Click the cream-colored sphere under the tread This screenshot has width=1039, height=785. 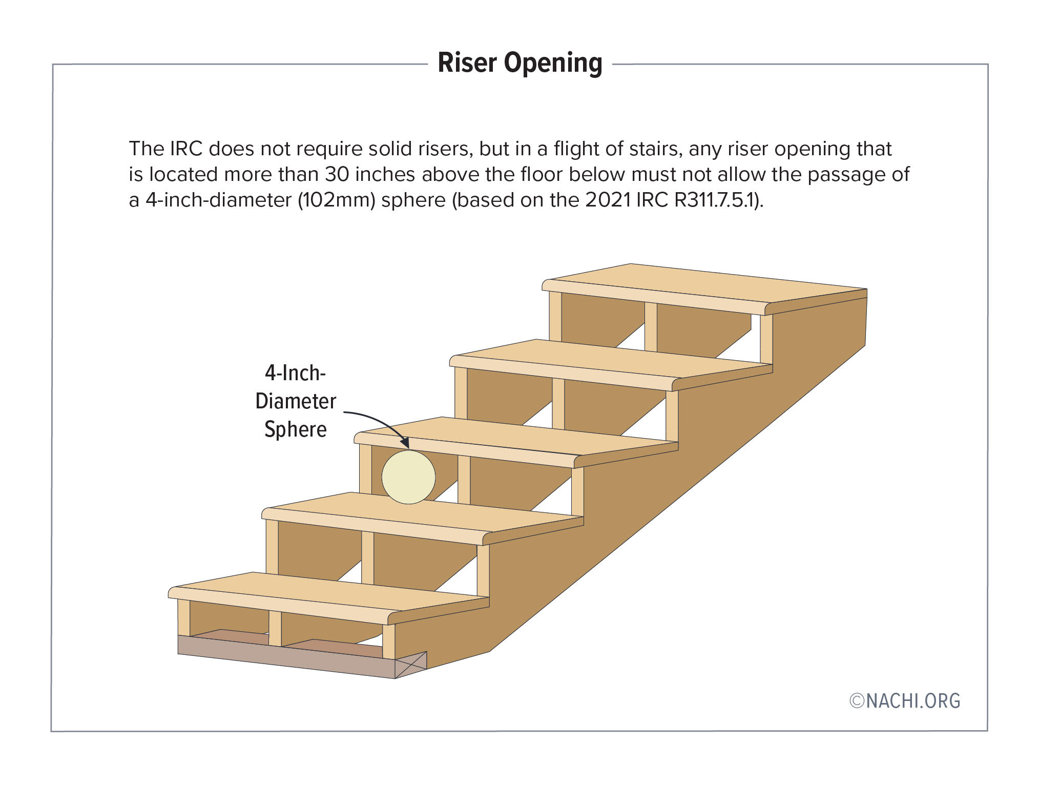click(408, 477)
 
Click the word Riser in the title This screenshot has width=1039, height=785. click(467, 64)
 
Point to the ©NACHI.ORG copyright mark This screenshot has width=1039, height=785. click(904, 701)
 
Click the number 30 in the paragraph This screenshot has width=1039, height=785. click(337, 175)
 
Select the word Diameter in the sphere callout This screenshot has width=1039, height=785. click(296, 401)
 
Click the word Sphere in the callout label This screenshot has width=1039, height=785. click(296, 429)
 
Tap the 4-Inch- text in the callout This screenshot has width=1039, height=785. click(296, 373)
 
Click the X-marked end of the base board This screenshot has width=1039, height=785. click(411, 665)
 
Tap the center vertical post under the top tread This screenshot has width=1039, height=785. click(651, 326)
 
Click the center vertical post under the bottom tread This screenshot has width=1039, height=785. click(275, 628)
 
